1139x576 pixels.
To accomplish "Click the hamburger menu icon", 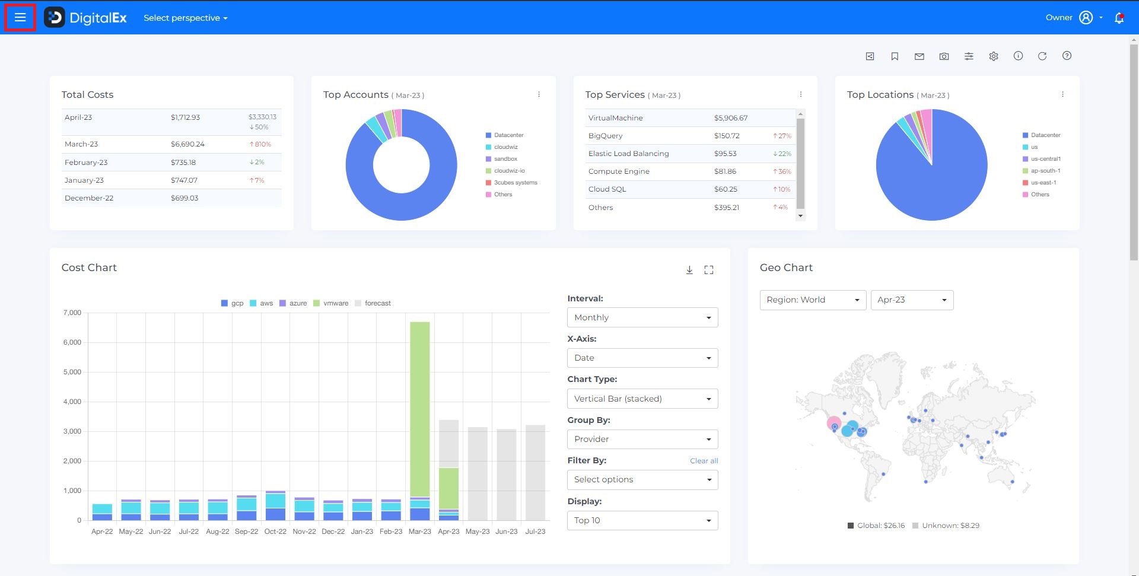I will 20,18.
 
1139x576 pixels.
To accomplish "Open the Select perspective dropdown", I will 185,18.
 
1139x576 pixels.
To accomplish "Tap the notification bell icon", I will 1119,18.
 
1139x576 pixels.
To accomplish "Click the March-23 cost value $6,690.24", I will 187,144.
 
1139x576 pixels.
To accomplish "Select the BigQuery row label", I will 605,136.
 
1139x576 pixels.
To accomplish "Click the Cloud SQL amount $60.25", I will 726,189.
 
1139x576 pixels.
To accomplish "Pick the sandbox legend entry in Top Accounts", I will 505,159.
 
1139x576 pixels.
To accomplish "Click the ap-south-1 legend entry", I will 1045,171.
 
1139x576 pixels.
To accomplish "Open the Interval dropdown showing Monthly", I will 642,317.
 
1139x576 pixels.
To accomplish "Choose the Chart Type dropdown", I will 642,399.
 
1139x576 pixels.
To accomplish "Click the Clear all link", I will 704,461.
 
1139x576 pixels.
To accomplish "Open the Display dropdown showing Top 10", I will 642,520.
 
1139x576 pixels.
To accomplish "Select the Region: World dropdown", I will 812,300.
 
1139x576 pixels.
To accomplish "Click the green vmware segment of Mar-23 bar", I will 419,409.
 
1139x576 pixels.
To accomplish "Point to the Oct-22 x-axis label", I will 275,532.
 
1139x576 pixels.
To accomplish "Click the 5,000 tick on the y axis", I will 72,372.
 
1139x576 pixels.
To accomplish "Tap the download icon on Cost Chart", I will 689,270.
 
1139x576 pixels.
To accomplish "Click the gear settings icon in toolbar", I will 993,56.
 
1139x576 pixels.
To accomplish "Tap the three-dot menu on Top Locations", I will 1062,94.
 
